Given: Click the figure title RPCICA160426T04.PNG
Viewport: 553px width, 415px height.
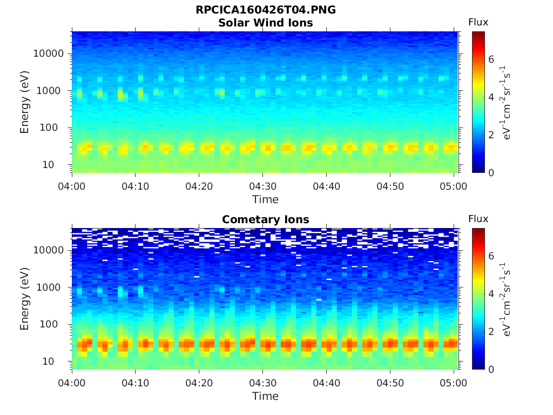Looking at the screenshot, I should click(x=265, y=10).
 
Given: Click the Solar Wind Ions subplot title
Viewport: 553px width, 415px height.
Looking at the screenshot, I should click(x=265, y=23).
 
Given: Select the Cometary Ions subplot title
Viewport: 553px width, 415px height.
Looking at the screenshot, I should click(x=265, y=219).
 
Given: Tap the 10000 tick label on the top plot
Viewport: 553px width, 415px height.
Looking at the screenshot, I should click(x=49, y=53).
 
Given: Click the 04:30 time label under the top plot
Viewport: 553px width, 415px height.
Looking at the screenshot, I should click(x=262, y=186).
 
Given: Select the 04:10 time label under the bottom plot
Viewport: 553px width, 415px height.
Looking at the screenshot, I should click(x=135, y=383).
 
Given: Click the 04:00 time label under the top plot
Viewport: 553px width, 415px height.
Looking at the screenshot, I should click(x=72, y=186).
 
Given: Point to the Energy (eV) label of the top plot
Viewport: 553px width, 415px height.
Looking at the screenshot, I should click(x=25, y=102).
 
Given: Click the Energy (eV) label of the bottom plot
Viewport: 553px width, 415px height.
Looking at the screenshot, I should click(x=25, y=298).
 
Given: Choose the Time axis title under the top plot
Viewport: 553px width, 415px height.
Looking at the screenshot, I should click(x=265, y=199).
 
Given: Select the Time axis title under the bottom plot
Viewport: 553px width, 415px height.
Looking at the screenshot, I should click(x=265, y=396).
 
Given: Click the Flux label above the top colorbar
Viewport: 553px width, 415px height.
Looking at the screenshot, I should click(x=478, y=22).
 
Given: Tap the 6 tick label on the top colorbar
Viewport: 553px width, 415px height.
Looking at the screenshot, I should click(x=491, y=59).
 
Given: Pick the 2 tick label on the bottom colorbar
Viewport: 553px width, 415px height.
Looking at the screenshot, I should click(x=491, y=331).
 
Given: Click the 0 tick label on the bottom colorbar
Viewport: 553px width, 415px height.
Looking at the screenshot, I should click(x=491, y=369).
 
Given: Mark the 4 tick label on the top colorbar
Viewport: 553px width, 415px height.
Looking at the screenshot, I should click(x=491, y=97).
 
